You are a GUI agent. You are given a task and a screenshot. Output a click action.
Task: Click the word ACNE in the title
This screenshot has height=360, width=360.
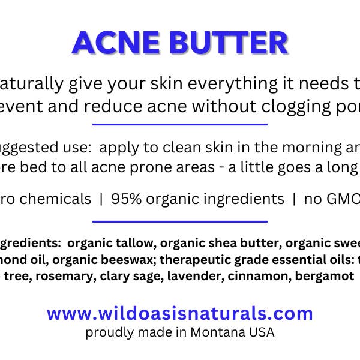point(113,43)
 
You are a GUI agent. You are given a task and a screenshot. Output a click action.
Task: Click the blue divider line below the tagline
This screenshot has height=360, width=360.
point(180,124)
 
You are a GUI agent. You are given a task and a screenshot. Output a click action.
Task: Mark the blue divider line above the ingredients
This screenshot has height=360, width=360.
point(180,221)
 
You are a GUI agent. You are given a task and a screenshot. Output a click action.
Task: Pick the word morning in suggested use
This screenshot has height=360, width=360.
point(298,148)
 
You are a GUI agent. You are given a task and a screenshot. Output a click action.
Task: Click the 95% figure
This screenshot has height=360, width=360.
point(119,199)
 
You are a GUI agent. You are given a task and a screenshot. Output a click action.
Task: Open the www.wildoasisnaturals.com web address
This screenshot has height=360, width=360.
point(180,313)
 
